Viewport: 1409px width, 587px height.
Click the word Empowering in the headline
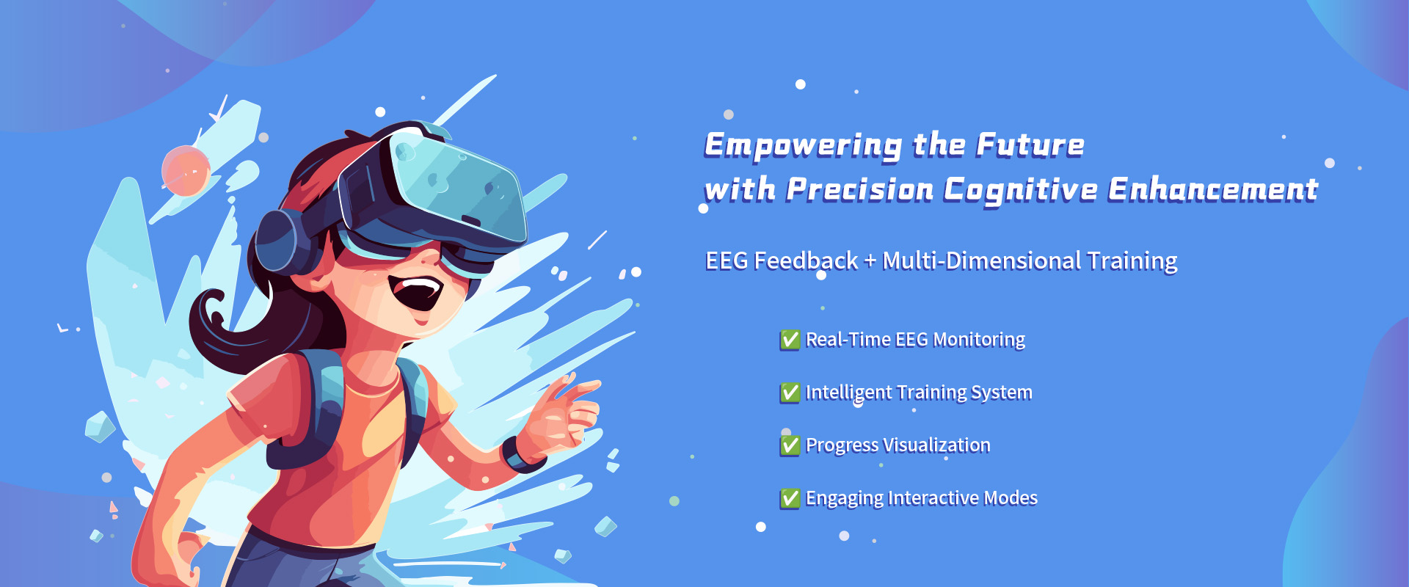point(804,145)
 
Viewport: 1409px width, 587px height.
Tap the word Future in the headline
point(1030,145)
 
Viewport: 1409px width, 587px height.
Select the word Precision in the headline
point(859,189)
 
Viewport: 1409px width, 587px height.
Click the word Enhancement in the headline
point(1213,189)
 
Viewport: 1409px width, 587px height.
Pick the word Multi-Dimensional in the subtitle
point(982,260)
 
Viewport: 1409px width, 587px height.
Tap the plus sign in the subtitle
point(870,261)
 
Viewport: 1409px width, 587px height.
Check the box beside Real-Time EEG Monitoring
point(790,340)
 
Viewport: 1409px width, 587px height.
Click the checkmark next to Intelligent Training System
point(790,393)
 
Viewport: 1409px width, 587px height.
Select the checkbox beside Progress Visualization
point(790,445)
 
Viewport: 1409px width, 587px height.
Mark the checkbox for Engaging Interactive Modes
point(790,498)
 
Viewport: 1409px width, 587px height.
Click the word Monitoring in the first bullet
point(979,340)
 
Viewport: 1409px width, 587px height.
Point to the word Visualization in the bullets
point(936,445)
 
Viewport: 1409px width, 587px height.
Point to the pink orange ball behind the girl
point(186,171)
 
